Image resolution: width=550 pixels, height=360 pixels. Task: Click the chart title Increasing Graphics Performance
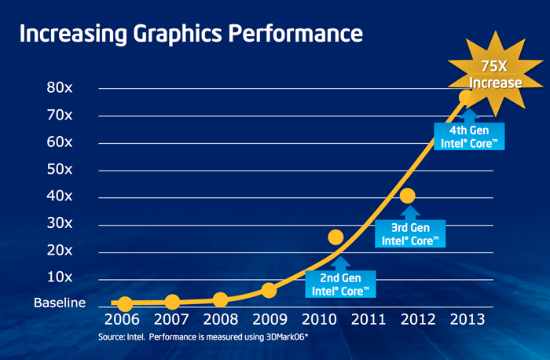[190, 35]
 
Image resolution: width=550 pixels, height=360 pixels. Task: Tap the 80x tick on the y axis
[60, 89]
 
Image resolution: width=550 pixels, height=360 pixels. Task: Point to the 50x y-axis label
[60, 170]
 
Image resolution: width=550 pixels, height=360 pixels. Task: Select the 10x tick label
[60, 277]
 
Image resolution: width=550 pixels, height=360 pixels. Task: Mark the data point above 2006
[124, 303]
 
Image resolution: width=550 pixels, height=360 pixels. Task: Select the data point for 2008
[221, 299]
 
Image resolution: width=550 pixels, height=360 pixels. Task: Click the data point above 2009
[269, 290]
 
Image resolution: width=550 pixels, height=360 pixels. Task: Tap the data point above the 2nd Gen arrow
[335, 237]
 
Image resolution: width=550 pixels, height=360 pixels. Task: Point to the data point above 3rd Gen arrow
[407, 196]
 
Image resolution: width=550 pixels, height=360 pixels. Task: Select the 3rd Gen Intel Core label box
[409, 233]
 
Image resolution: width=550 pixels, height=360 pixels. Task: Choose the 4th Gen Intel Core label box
[469, 137]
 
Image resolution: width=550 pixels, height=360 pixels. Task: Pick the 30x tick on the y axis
[60, 224]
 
